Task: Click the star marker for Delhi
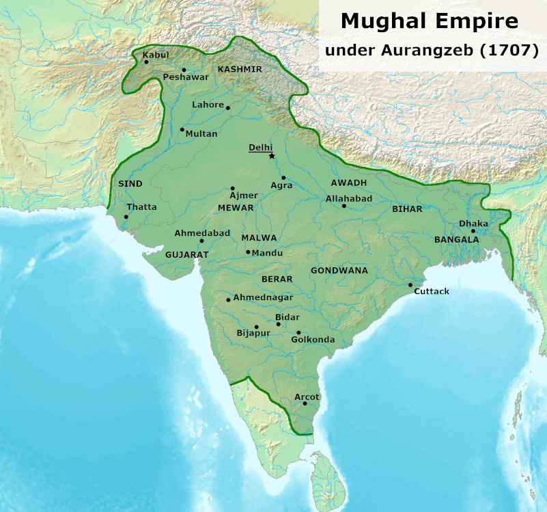click(272, 157)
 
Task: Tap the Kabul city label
click(156, 55)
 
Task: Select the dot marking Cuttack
click(410, 285)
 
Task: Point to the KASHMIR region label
click(240, 69)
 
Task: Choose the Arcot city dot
click(305, 403)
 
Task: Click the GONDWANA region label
click(339, 271)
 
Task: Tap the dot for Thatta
click(126, 217)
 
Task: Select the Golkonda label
click(313, 340)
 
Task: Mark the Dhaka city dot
click(473, 231)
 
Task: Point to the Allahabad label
click(349, 198)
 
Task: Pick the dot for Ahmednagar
click(228, 299)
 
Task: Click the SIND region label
click(130, 184)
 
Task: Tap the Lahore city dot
click(228, 108)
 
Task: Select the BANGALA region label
click(457, 240)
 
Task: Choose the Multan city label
click(201, 134)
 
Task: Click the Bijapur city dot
click(256, 327)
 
